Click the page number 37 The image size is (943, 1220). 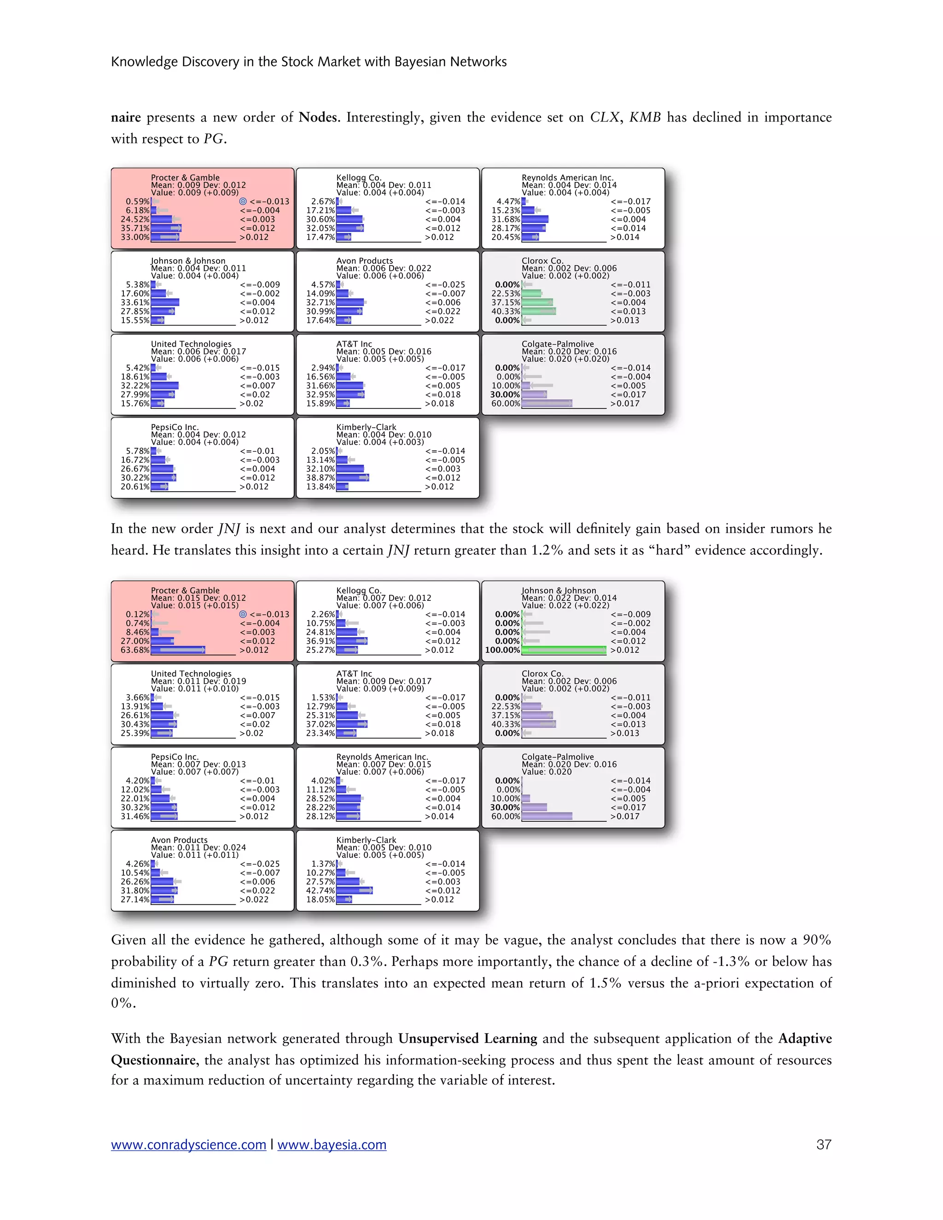[x=823, y=1144]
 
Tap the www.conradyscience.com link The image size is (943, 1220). [x=188, y=1144]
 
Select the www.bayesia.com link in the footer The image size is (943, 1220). [x=332, y=1144]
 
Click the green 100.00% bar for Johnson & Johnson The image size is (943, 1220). [x=563, y=650]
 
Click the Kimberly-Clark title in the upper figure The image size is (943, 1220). [x=366, y=427]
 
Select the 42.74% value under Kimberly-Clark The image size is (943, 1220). [x=320, y=890]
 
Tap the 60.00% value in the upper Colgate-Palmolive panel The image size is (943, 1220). [x=506, y=403]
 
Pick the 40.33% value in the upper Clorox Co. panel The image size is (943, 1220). [x=506, y=311]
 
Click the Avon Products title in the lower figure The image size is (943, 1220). [x=179, y=840]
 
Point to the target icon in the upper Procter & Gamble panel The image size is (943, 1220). [x=243, y=202]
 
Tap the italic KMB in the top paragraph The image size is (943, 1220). [x=645, y=117]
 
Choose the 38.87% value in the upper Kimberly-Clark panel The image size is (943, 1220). [x=320, y=477]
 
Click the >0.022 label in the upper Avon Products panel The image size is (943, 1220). [x=439, y=320]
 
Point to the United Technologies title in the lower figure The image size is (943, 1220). [x=191, y=674]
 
